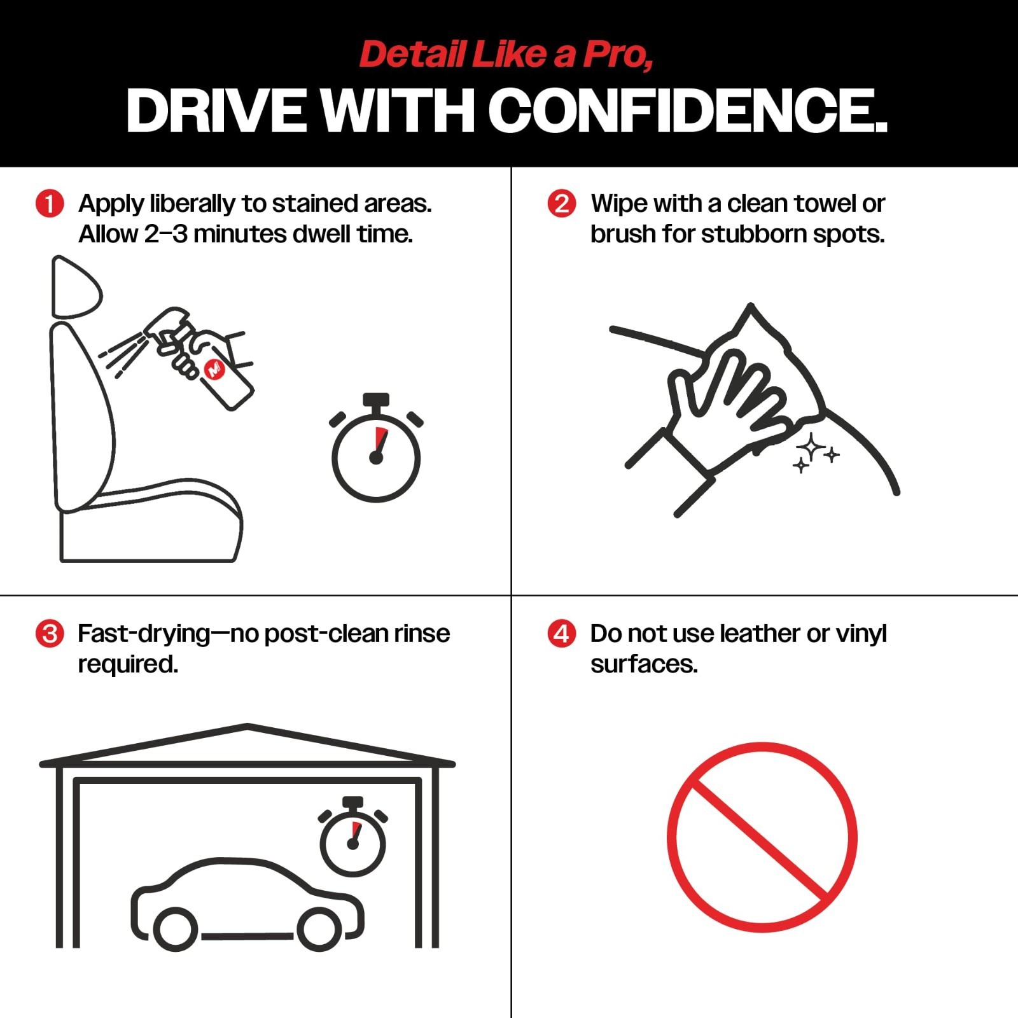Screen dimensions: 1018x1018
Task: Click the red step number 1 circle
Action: tap(50, 204)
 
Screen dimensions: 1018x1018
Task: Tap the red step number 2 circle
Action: tap(562, 204)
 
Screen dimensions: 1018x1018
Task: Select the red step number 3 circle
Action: tap(50, 634)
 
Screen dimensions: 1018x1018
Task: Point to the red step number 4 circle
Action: tap(562, 634)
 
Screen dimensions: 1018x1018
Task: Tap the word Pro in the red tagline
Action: tap(618, 55)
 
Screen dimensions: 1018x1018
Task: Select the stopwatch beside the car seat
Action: tap(376, 448)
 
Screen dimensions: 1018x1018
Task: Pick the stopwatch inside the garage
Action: tap(353, 837)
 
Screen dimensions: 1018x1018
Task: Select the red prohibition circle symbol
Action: tap(762, 837)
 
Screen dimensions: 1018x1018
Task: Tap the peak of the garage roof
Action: tap(247, 725)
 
